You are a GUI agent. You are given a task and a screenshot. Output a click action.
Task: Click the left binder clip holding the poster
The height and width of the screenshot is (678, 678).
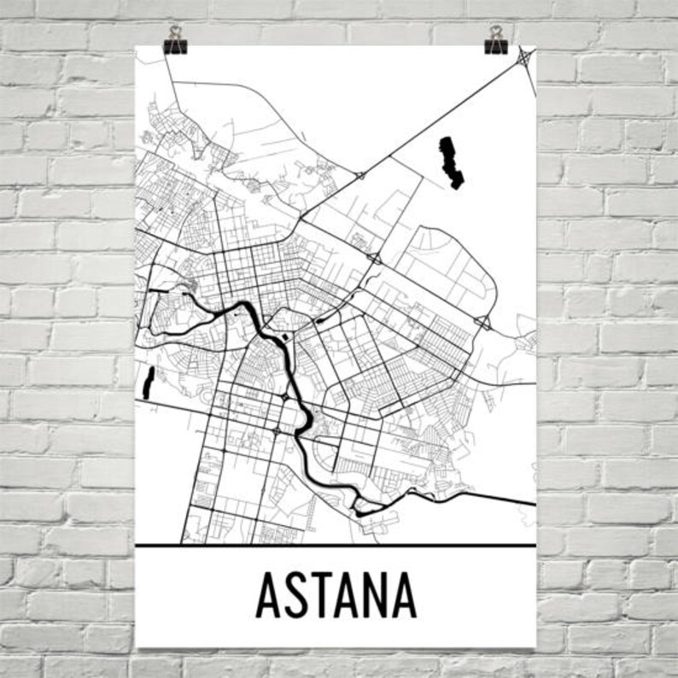tap(176, 44)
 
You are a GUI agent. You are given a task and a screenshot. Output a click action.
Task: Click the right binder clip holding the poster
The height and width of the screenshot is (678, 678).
tap(496, 44)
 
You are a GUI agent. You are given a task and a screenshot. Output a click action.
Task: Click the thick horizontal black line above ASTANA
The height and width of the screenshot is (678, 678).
tap(336, 545)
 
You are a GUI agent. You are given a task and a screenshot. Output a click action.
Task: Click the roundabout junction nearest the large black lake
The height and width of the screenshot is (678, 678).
tap(360, 175)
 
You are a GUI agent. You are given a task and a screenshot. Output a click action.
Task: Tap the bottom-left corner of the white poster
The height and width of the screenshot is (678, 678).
tap(137, 647)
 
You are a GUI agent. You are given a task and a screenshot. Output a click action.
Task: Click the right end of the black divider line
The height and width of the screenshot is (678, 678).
tap(534, 545)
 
